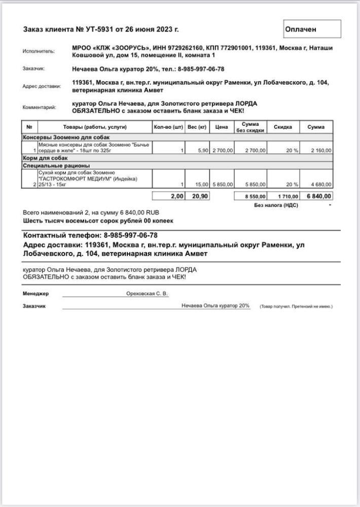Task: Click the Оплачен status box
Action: click(311, 29)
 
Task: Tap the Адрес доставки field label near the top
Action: click(41, 86)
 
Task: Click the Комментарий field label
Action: click(40, 107)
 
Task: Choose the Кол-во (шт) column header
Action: click(168, 127)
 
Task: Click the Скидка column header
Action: click(283, 127)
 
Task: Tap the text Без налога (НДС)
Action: click(276, 205)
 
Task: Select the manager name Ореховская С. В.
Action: click(147, 294)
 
